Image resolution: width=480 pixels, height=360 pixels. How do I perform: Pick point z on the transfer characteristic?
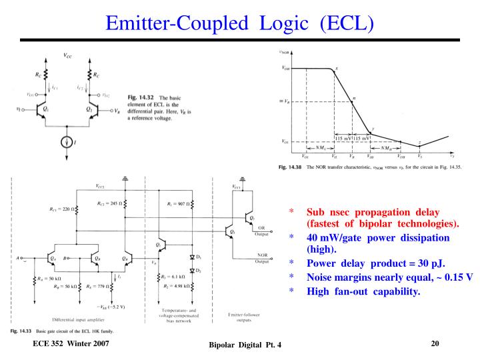pyautogui.click(x=419, y=143)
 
